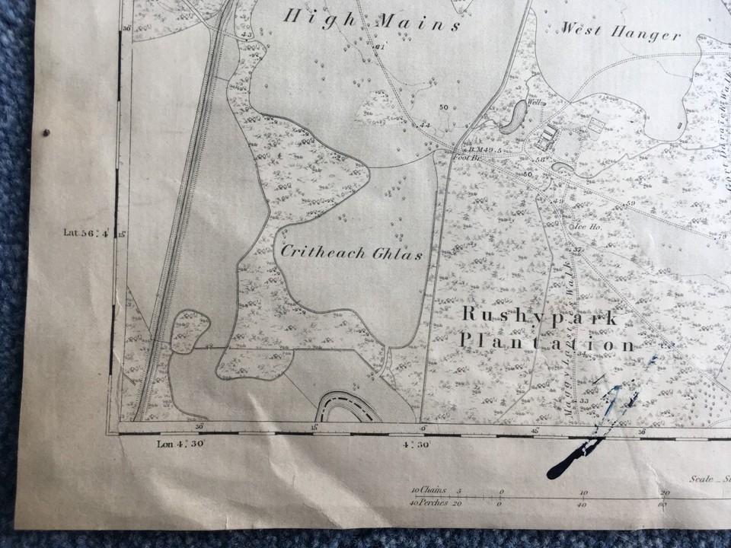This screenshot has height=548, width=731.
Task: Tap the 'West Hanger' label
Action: click(621, 33)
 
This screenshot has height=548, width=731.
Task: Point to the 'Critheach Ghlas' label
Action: click(352, 253)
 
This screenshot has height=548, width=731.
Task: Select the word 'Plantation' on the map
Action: click(546, 344)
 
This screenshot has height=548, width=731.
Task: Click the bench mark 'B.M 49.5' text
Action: click(485, 150)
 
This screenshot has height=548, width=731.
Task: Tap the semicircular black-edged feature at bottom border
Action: click(348, 407)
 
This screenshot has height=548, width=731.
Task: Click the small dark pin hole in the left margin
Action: click(47, 131)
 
